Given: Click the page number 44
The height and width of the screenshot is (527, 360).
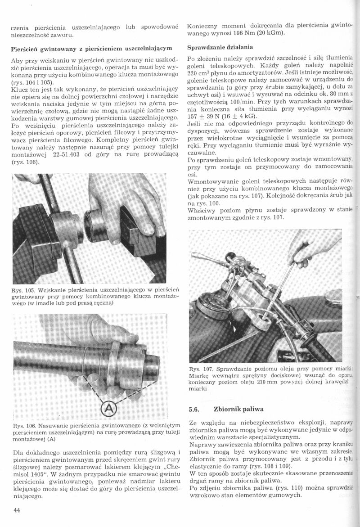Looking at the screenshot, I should pos(17,509).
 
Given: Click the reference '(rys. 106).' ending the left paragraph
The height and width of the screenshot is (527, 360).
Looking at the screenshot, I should pos(26,162).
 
